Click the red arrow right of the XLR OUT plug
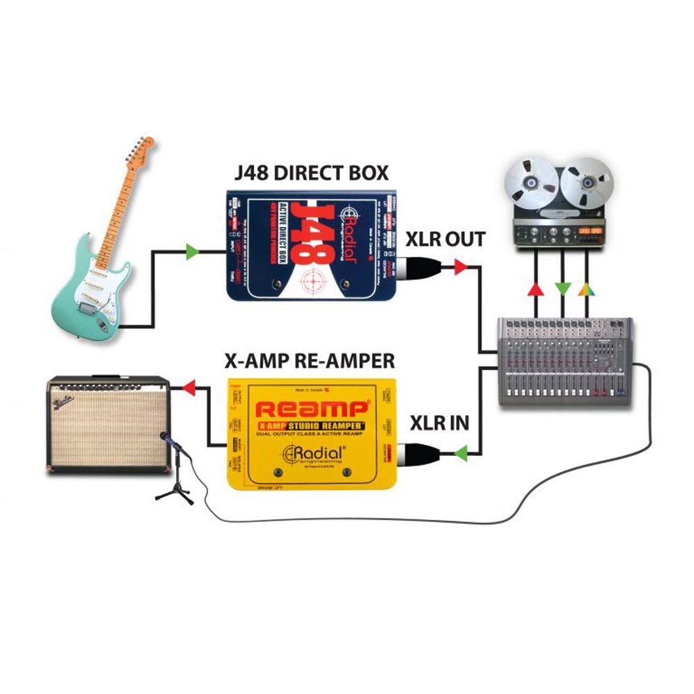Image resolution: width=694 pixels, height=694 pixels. click(x=461, y=266)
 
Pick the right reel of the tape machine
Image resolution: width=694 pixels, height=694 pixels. click(x=586, y=182)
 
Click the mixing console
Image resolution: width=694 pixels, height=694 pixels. click(x=566, y=361)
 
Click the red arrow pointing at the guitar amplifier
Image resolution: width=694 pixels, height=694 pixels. click(x=189, y=389)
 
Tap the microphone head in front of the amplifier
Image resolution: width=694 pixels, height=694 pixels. click(x=165, y=438)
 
